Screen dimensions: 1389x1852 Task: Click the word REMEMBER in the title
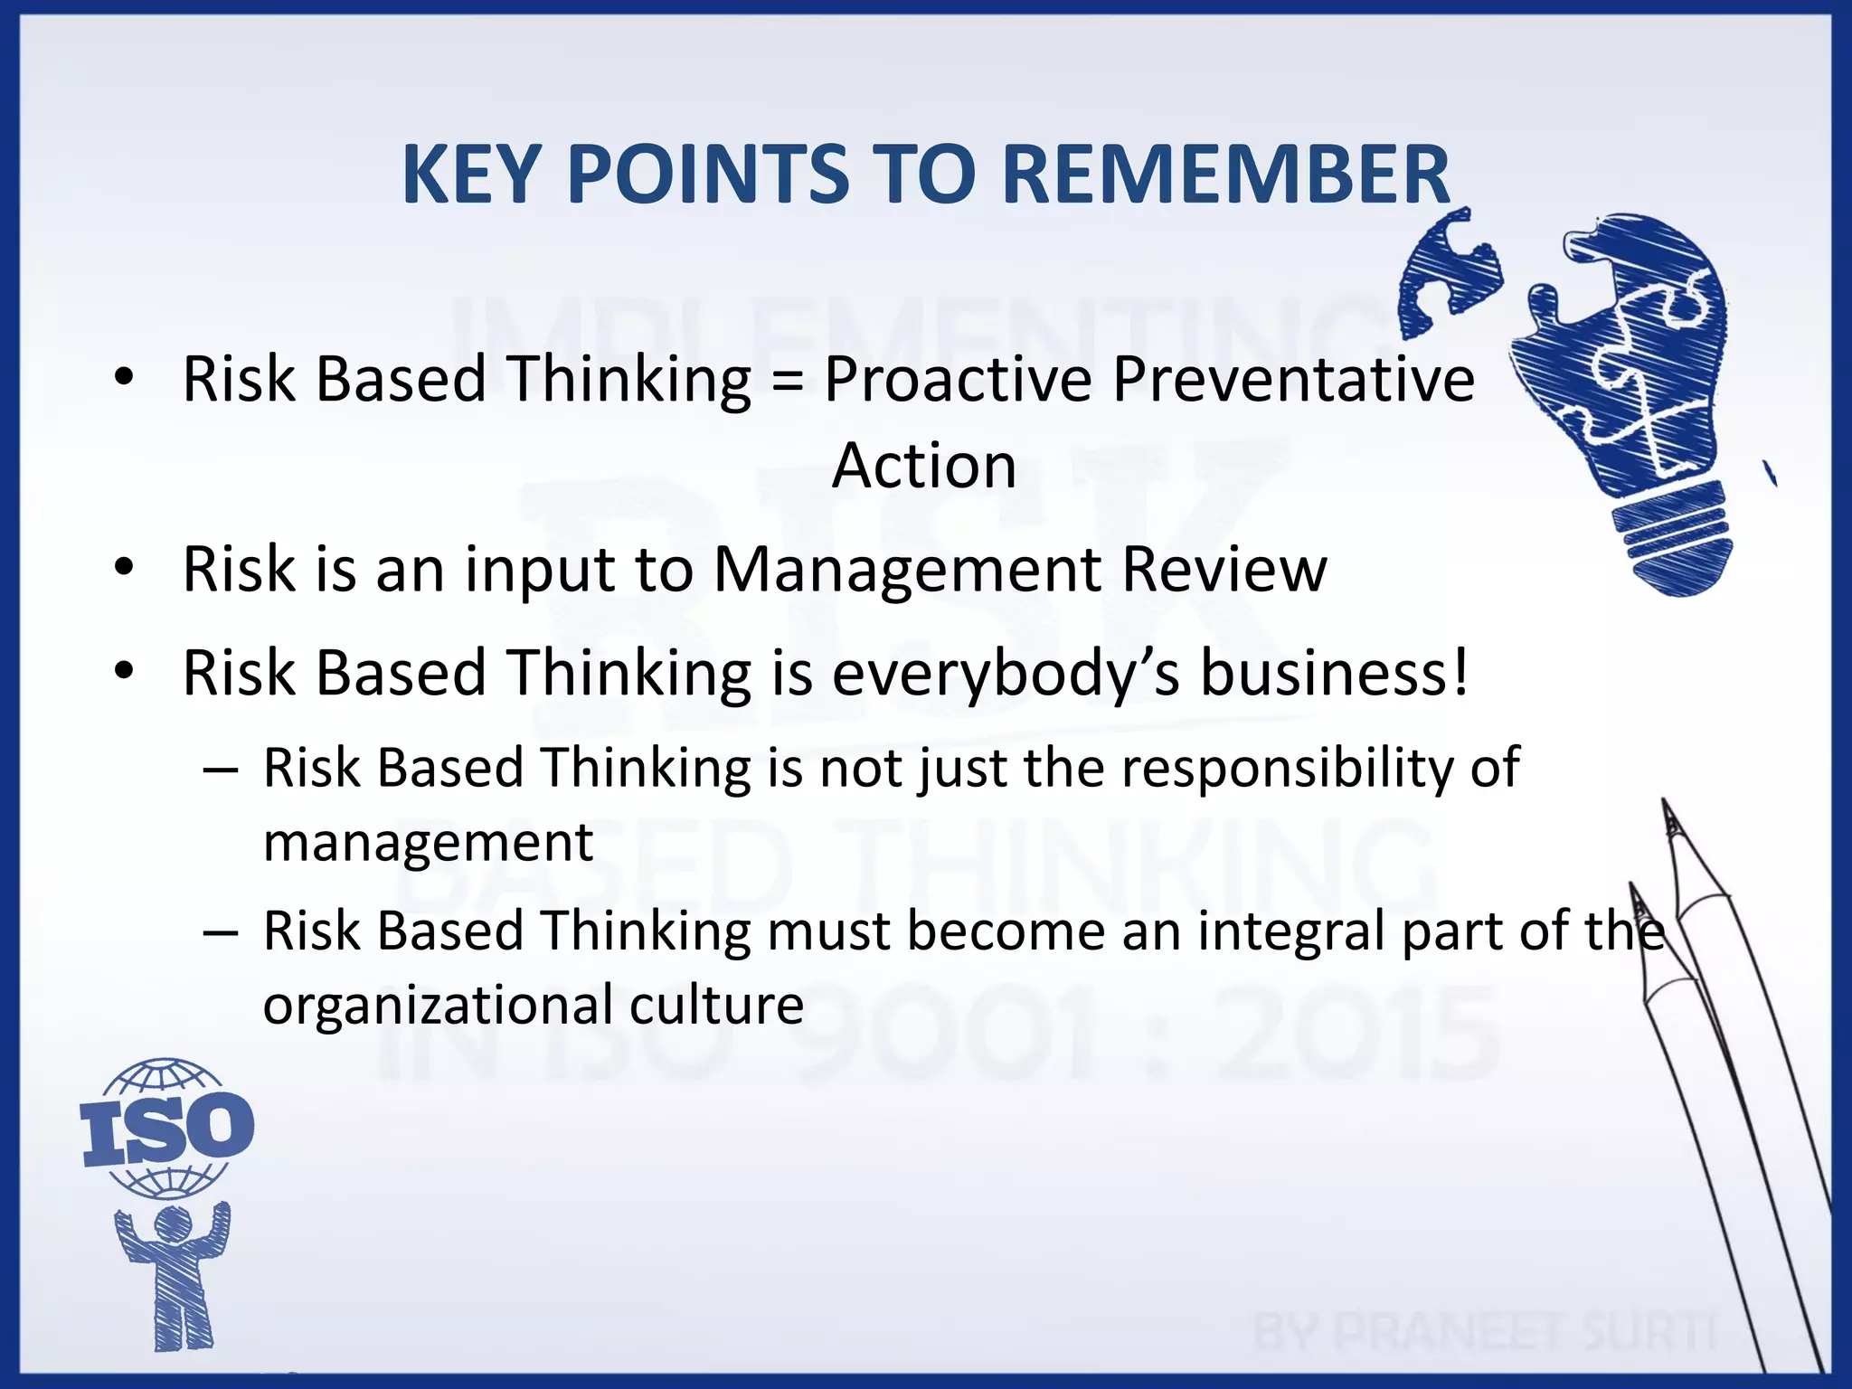[x=1225, y=174]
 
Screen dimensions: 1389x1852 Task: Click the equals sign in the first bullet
[x=788, y=380]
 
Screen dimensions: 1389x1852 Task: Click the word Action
[x=924, y=466]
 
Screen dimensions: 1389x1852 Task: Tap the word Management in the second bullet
[x=907, y=572]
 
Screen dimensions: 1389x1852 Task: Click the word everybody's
[x=1006, y=675]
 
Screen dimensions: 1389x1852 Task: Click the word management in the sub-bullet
[x=428, y=844]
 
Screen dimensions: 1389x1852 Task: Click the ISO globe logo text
[x=167, y=1128]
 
